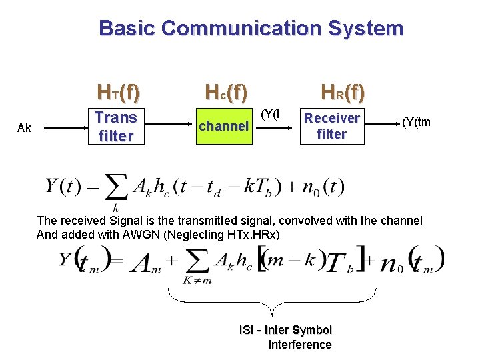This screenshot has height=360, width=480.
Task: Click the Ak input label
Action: point(24,127)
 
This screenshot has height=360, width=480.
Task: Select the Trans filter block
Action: point(116,127)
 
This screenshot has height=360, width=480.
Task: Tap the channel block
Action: point(224,126)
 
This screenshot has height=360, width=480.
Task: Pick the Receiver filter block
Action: point(332,126)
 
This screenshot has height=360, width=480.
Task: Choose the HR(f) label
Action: point(343,91)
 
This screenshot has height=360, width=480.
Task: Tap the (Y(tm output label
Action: point(415,121)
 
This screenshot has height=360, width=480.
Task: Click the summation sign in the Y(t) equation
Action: point(117,187)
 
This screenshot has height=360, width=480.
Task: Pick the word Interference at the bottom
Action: point(299,345)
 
